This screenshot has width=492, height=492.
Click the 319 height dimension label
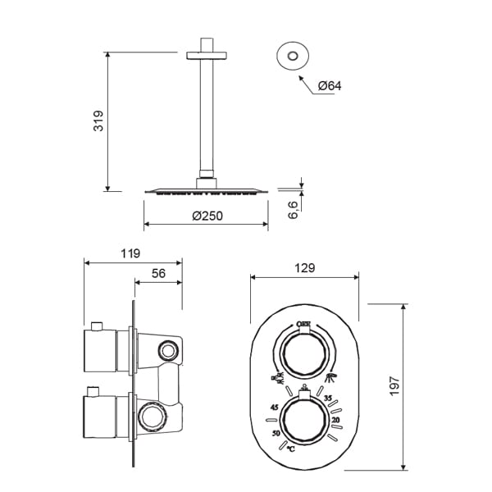pyautogui.click(x=98, y=121)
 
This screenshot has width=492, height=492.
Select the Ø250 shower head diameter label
pyautogui.click(x=207, y=216)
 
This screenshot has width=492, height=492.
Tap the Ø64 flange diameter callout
pyautogui.click(x=330, y=85)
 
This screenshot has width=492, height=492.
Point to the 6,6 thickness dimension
pyautogui.click(x=293, y=210)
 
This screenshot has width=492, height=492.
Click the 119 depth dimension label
pyautogui.click(x=130, y=253)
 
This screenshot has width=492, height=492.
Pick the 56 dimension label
pyautogui.click(x=158, y=273)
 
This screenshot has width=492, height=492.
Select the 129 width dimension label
pyautogui.click(x=305, y=268)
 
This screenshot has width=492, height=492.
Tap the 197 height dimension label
pyautogui.click(x=394, y=386)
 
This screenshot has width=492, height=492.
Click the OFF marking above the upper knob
pyautogui.click(x=303, y=324)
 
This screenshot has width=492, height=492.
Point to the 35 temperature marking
pyautogui.click(x=328, y=399)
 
